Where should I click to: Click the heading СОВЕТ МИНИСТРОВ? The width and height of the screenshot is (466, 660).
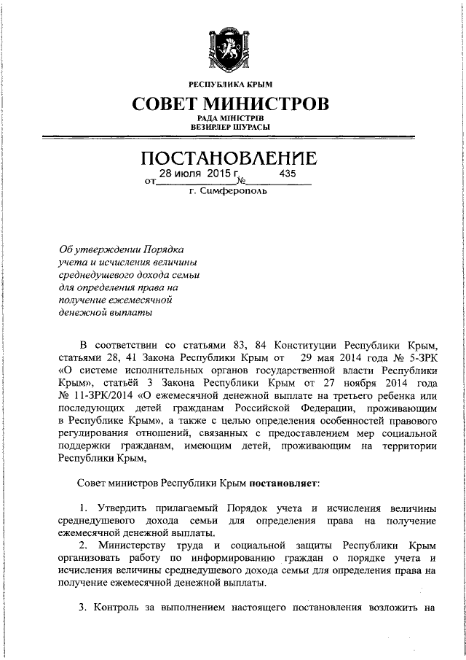[x=230, y=104]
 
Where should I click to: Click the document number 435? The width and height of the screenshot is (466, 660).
[x=288, y=174]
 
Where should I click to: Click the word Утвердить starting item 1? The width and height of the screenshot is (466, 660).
[x=123, y=508]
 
